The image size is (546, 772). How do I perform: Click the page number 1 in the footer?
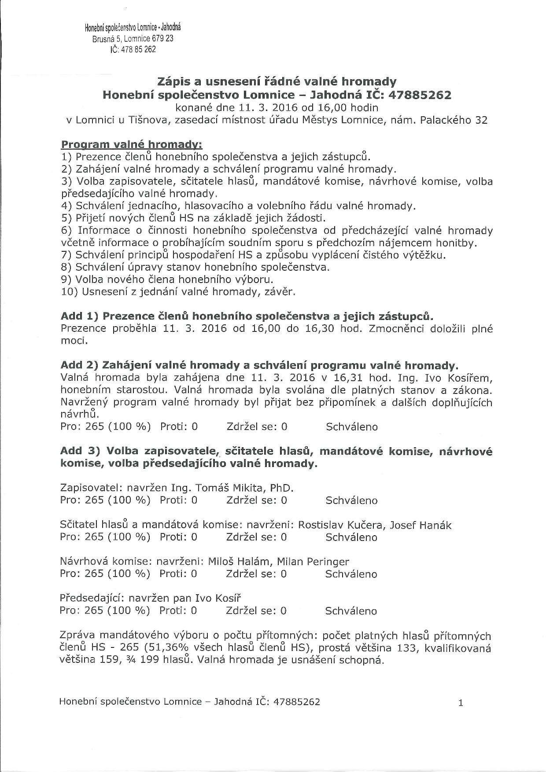tap(461, 703)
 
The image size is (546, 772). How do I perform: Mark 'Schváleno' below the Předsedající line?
tap(351, 611)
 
